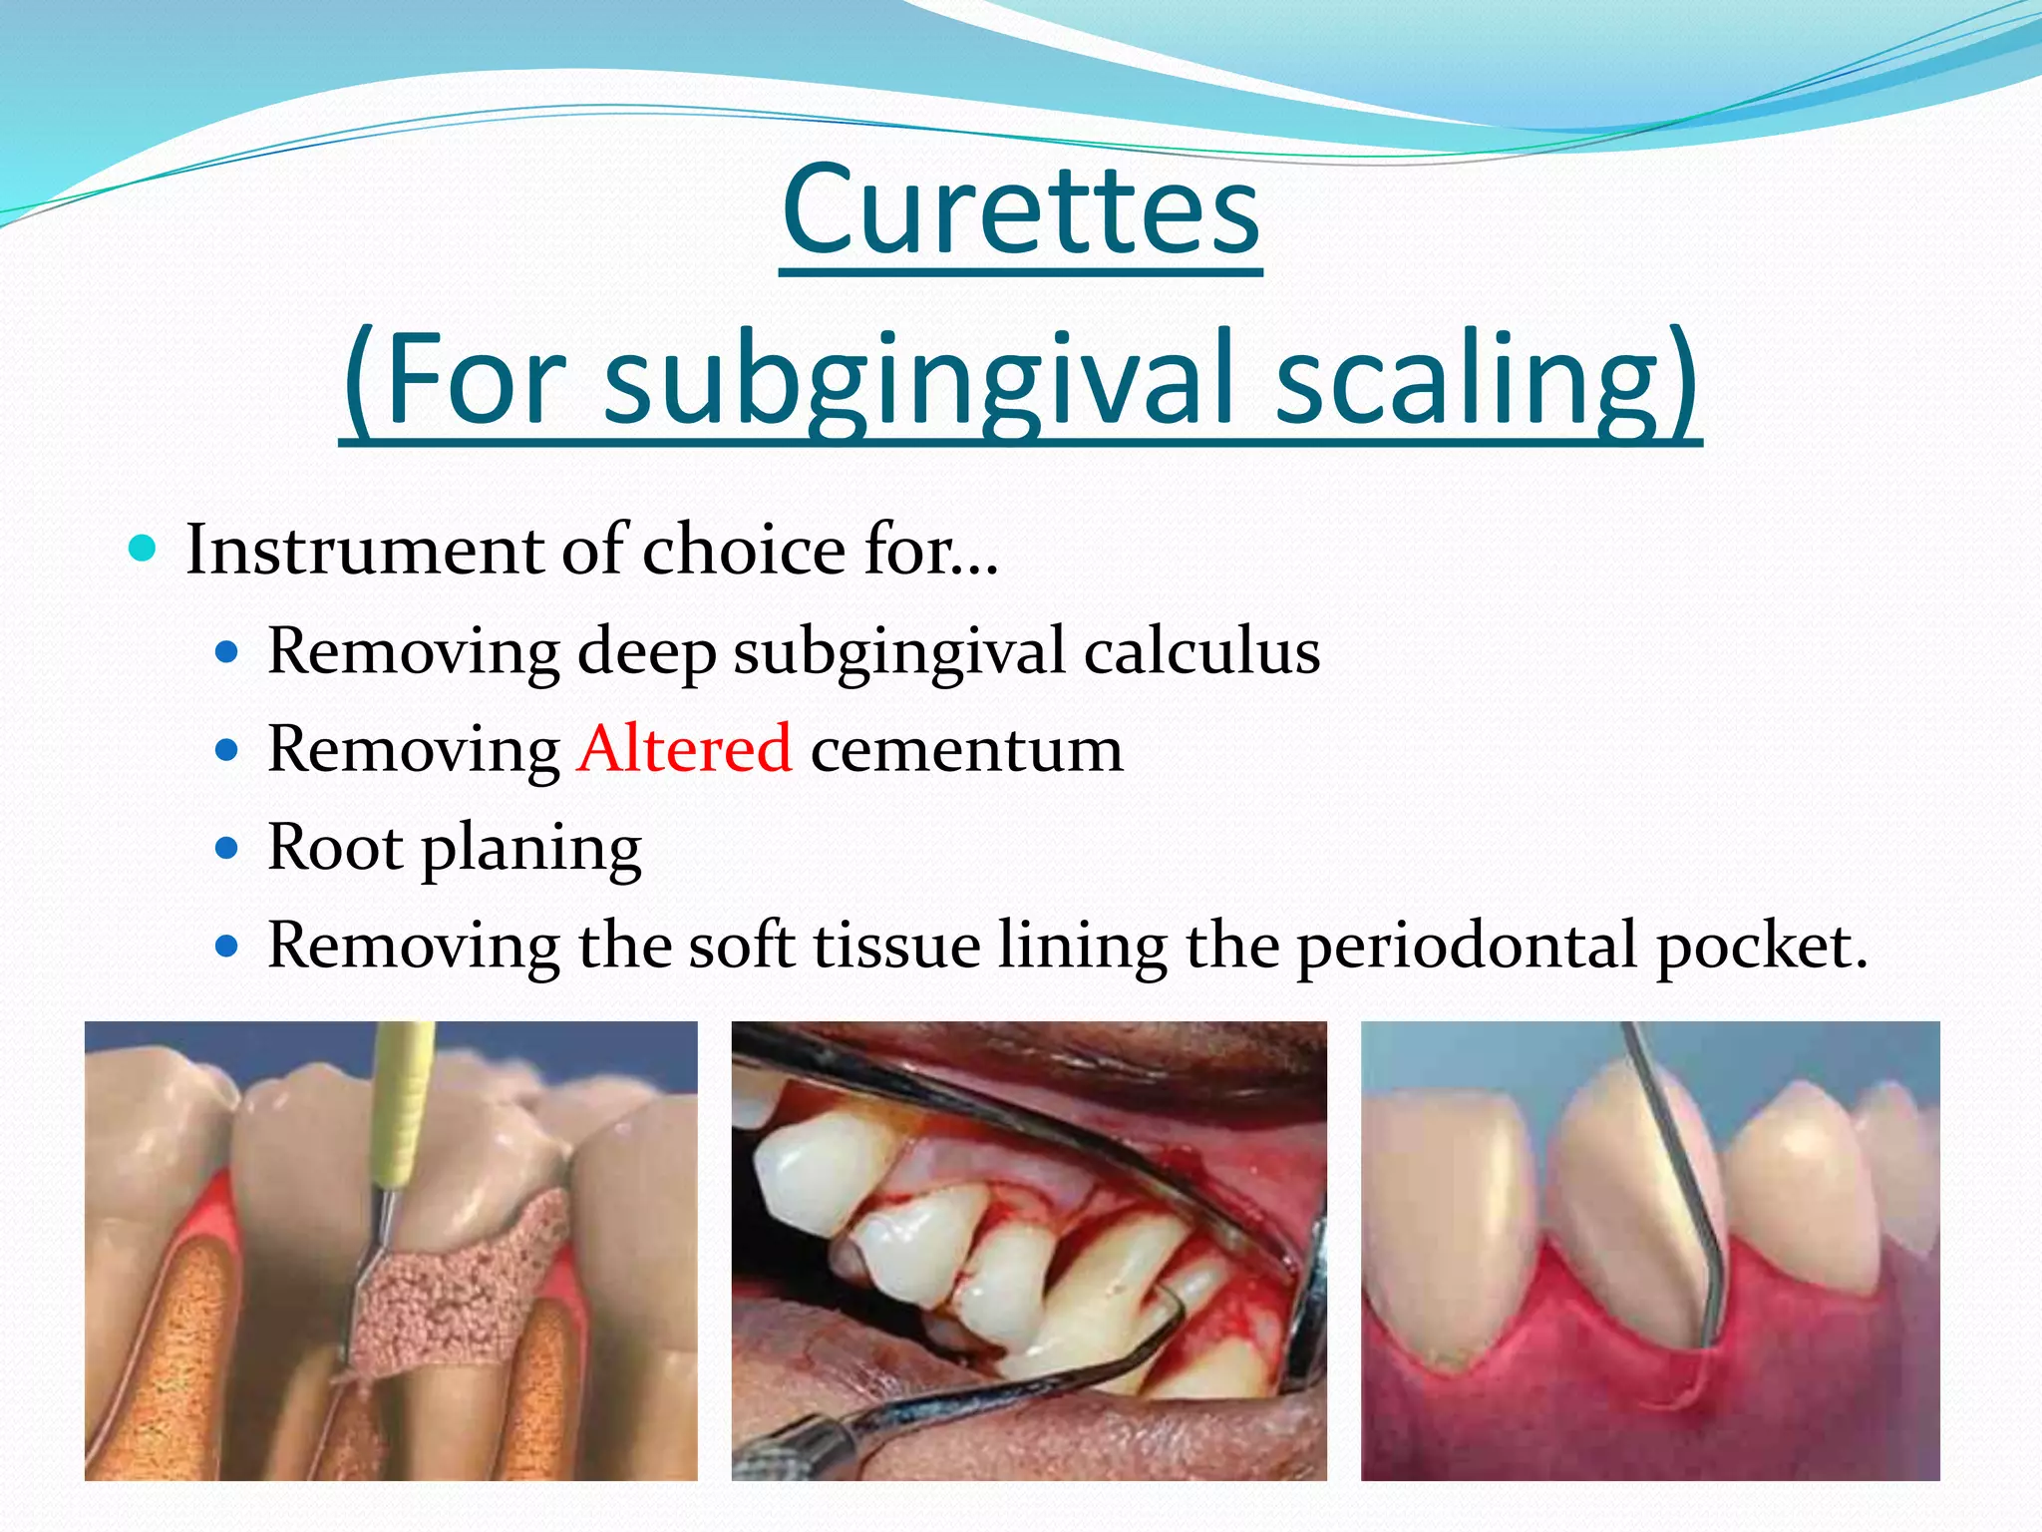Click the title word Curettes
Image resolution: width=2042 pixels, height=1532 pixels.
[1021, 209]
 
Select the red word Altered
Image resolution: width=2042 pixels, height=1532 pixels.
[685, 749]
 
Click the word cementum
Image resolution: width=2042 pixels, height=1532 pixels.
[966, 751]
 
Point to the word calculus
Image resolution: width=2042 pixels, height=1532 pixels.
[1201, 652]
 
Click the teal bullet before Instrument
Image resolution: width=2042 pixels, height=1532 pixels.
[144, 548]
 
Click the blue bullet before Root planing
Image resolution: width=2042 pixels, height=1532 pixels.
[227, 848]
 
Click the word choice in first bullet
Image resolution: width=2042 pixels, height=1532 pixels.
[744, 551]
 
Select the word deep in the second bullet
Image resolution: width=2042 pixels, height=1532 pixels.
[646, 654]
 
